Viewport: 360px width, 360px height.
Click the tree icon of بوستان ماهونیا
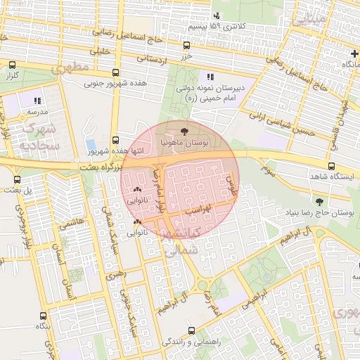[x=184, y=131]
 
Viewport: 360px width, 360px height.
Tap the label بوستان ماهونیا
[x=184, y=143]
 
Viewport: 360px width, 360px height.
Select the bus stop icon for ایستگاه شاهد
[x=331, y=166]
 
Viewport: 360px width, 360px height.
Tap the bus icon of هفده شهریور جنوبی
[x=115, y=72]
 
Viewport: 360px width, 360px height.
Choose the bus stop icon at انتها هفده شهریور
[x=116, y=140]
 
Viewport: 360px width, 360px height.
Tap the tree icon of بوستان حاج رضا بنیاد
[x=320, y=202]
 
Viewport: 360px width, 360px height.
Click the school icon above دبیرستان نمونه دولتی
[x=210, y=77]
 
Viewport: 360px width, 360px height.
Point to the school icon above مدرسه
[x=37, y=101]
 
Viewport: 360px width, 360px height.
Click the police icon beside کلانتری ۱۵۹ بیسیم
[x=216, y=15]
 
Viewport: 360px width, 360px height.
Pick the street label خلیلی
[x=104, y=51]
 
